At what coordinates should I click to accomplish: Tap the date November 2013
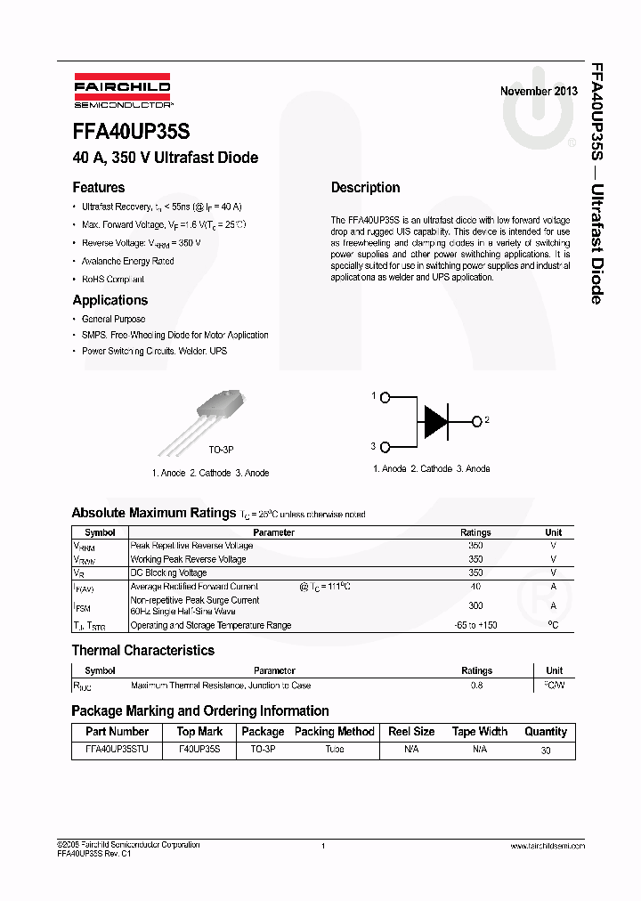coord(538,91)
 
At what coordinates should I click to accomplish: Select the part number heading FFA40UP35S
coord(131,132)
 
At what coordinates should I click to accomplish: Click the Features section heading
coord(98,188)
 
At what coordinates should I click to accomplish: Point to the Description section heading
coord(365,188)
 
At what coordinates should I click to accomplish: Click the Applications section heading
coord(110,300)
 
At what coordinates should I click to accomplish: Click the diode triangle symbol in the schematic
coord(436,420)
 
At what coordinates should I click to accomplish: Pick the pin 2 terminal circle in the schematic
coord(476,420)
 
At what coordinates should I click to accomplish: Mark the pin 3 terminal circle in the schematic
coord(385,445)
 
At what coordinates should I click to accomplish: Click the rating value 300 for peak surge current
coord(475,605)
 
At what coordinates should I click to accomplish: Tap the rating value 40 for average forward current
coord(475,587)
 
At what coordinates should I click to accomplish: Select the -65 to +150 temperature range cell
coord(475,625)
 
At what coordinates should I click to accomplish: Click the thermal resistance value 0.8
coord(476,686)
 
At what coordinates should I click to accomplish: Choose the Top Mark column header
coord(199,732)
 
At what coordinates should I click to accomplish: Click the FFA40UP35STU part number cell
coord(117,750)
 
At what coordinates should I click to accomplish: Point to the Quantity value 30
coord(545,751)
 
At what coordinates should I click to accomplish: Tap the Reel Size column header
coord(411,732)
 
